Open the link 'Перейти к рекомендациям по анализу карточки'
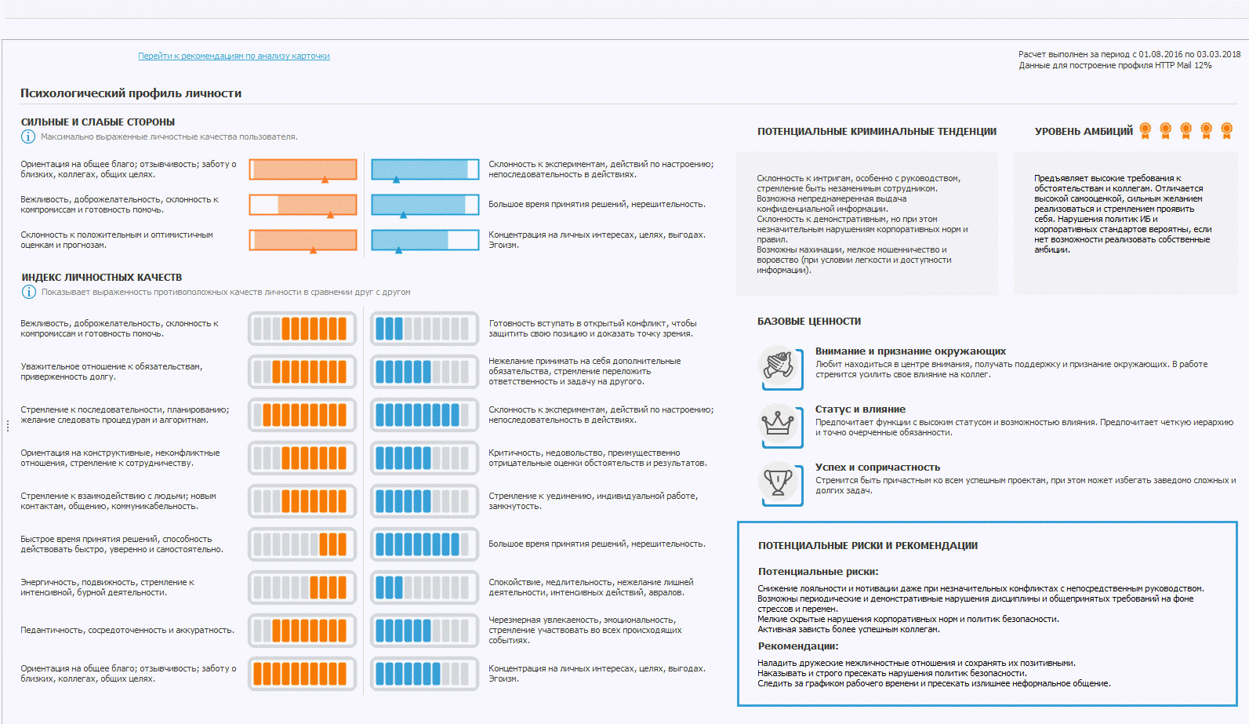click(x=234, y=56)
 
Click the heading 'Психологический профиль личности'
click(x=131, y=93)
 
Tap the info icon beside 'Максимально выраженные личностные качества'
click(x=28, y=136)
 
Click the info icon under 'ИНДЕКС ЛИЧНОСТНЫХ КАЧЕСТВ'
click(x=29, y=292)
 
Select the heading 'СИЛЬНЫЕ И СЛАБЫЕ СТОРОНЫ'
click(x=98, y=122)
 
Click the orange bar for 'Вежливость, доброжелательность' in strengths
click(x=303, y=205)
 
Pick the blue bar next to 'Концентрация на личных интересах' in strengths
click(x=425, y=240)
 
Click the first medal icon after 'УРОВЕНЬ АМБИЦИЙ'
click(x=1146, y=130)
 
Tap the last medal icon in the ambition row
click(x=1227, y=130)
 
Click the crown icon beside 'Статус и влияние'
click(x=779, y=424)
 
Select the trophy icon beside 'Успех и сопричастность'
click(x=779, y=482)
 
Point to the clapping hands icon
click(x=779, y=366)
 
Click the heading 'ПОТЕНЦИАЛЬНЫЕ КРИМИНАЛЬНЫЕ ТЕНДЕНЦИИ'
click(x=877, y=132)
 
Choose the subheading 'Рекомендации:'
click(x=798, y=646)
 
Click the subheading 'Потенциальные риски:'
click(x=818, y=572)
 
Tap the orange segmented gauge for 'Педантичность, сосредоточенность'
click(x=303, y=630)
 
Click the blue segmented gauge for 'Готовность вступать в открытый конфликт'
click(x=424, y=329)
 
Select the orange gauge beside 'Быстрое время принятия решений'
click(x=303, y=544)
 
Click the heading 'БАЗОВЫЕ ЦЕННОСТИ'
click(x=809, y=322)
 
